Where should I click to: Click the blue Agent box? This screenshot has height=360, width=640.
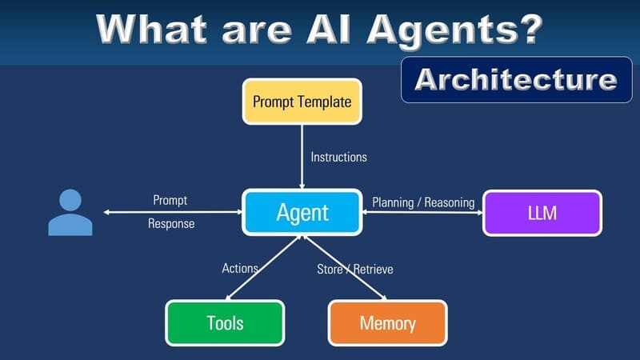click(302, 213)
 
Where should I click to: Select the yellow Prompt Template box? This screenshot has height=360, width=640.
click(302, 102)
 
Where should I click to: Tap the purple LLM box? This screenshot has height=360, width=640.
click(542, 213)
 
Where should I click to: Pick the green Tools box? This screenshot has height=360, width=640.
click(224, 323)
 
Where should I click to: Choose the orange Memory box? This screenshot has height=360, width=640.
click(387, 323)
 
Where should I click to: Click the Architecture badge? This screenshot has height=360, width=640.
click(516, 80)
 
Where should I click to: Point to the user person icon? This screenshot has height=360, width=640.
click(70, 214)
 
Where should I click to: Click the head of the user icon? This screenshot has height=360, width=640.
click(70, 200)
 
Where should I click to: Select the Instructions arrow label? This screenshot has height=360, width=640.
click(338, 157)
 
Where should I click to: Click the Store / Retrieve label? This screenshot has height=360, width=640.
click(354, 269)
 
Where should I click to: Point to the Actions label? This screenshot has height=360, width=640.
click(239, 268)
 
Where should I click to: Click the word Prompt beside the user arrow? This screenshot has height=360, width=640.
click(170, 200)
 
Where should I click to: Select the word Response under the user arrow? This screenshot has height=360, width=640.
click(171, 224)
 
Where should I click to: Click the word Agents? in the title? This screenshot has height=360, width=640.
click(465, 29)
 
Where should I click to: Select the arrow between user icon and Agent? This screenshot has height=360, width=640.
click(172, 213)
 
